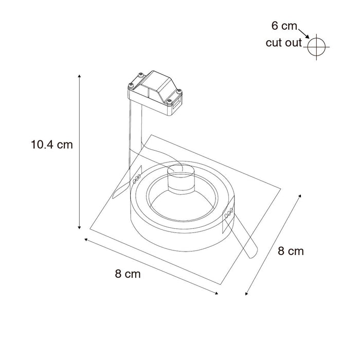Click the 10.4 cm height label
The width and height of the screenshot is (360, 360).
[51, 145]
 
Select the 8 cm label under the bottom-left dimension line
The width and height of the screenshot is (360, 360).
[128, 274]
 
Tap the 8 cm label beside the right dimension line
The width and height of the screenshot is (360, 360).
[291, 251]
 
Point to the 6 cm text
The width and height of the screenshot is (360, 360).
[284, 25]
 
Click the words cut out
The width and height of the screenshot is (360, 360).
[283, 43]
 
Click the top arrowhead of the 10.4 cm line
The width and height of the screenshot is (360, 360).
[80, 76]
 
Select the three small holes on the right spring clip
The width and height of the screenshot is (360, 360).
[229, 213]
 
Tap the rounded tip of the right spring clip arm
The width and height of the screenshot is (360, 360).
[251, 256]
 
